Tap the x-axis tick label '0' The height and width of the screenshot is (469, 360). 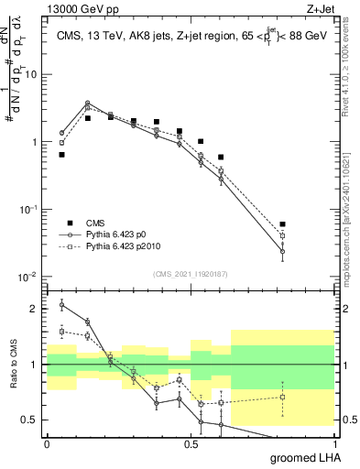47,442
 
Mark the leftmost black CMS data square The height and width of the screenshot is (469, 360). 61,155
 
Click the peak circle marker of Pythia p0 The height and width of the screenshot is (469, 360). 87,104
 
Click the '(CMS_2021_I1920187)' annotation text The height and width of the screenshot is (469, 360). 190,273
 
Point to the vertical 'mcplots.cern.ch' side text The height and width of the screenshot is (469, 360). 352,202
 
